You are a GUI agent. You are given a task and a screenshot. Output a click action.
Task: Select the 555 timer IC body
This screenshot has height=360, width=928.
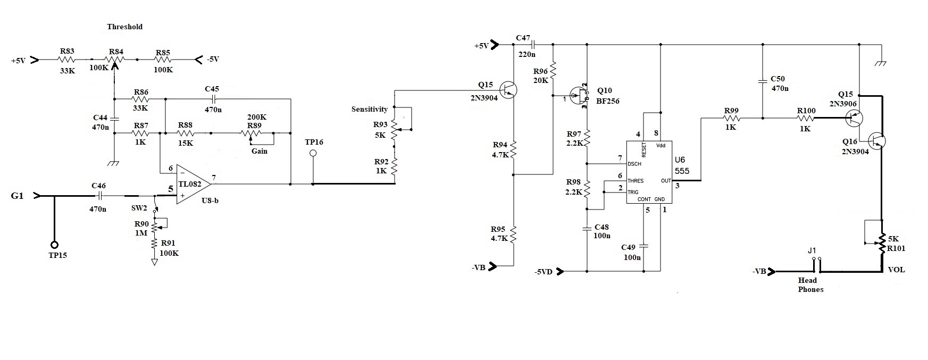pyautogui.click(x=649, y=172)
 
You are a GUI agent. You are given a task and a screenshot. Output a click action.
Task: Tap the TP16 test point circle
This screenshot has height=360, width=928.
pyautogui.click(x=313, y=154)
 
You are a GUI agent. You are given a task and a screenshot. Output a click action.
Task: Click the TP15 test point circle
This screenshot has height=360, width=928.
pyautogui.click(x=54, y=245)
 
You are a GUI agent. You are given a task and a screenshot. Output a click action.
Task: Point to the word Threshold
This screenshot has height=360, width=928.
pyautogui.click(x=124, y=27)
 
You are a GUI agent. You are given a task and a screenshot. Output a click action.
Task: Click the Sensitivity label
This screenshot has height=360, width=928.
pyautogui.click(x=369, y=110)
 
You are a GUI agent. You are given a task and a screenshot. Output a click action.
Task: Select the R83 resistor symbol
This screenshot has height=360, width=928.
pyautogui.click(x=67, y=60)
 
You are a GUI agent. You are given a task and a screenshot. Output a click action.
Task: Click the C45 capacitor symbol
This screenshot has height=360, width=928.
pyautogui.click(x=213, y=99)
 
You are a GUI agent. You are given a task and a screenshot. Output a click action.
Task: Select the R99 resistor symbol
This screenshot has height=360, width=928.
pyautogui.click(x=731, y=119)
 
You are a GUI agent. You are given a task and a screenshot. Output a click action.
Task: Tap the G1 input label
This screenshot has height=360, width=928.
pyautogui.click(x=17, y=196)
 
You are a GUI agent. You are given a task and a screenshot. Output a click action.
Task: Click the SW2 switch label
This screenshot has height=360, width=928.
pyautogui.click(x=139, y=207)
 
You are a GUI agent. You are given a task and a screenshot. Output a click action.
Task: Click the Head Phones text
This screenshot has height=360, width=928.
pyautogui.click(x=810, y=285)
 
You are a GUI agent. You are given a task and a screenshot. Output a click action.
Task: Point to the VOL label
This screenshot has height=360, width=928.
pyautogui.click(x=896, y=270)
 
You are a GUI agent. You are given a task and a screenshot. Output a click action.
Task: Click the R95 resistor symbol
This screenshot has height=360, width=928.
pyautogui.click(x=514, y=235)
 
